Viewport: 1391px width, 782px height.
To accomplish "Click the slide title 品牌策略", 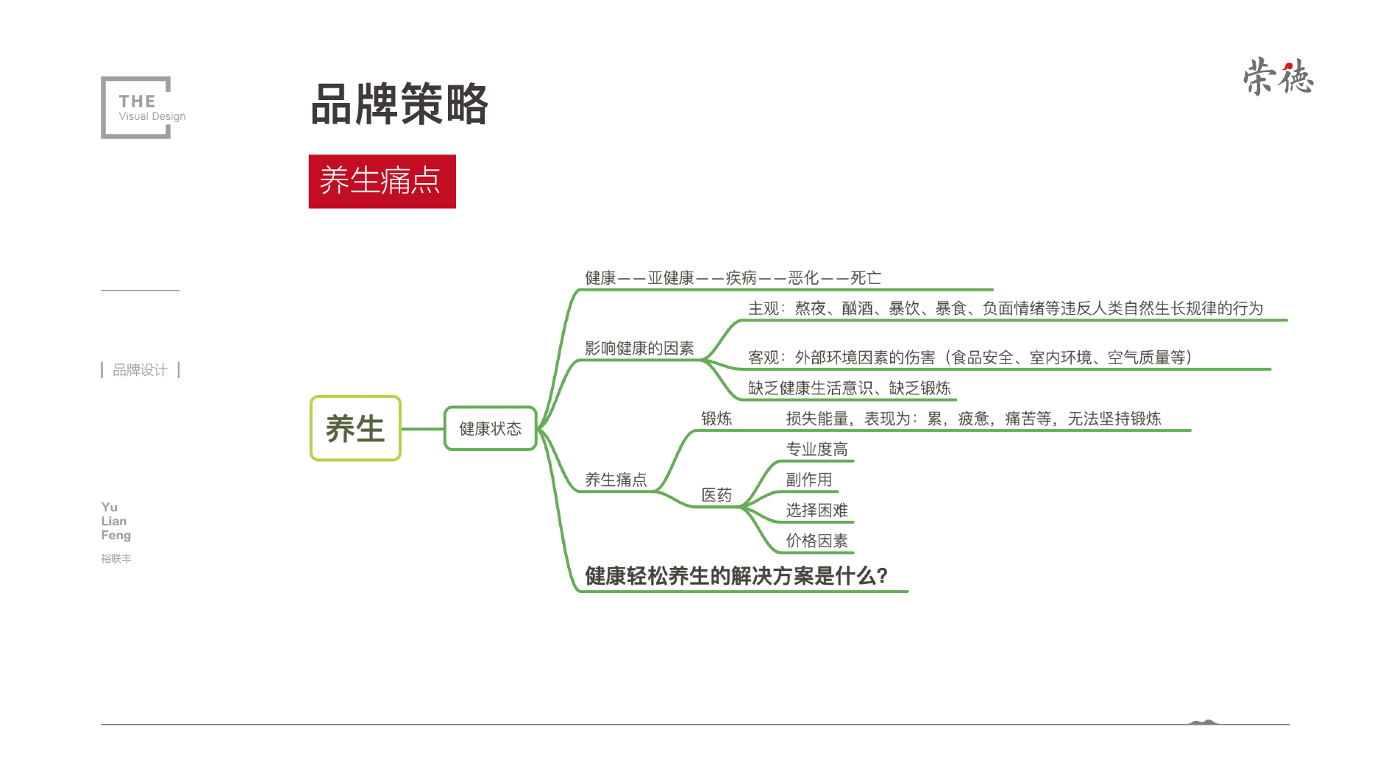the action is [x=399, y=104].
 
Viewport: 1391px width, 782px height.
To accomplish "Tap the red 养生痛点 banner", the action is [x=382, y=181].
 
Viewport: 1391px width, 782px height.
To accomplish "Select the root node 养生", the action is [x=355, y=428].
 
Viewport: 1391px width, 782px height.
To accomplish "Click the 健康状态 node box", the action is [x=491, y=428].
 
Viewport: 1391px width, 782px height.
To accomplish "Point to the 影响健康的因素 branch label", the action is [x=639, y=348].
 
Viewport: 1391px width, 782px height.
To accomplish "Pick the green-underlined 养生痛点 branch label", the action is [x=616, y=480].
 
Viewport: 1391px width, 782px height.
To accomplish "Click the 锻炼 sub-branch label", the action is [x=716, y=419].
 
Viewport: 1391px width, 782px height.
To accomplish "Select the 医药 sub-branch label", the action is [x=716, y=494].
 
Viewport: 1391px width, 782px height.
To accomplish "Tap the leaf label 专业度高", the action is [x=817, y=449].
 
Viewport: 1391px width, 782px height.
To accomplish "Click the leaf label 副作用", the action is [x=809, y=480].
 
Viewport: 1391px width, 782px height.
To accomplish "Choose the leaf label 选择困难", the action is [x=817, y=510].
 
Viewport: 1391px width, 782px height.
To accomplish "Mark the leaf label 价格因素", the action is [x=817, y=541].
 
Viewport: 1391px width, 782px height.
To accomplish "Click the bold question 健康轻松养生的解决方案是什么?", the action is [x=736, y=575].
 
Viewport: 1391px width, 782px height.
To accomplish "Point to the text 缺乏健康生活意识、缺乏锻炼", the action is [x=850, y=388].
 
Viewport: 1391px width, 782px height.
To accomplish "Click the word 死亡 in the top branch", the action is [x=866, y=278].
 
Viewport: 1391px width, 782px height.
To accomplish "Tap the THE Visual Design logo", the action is [x=143, y=107].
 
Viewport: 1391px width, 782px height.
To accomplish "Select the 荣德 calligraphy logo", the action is [x=1278, y=77].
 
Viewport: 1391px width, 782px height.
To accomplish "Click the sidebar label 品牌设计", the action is [x=140, y=369].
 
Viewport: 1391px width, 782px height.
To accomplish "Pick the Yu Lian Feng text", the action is [x=115, y=521].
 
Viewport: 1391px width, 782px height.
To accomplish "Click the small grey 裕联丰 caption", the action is [x=116, y=558].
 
